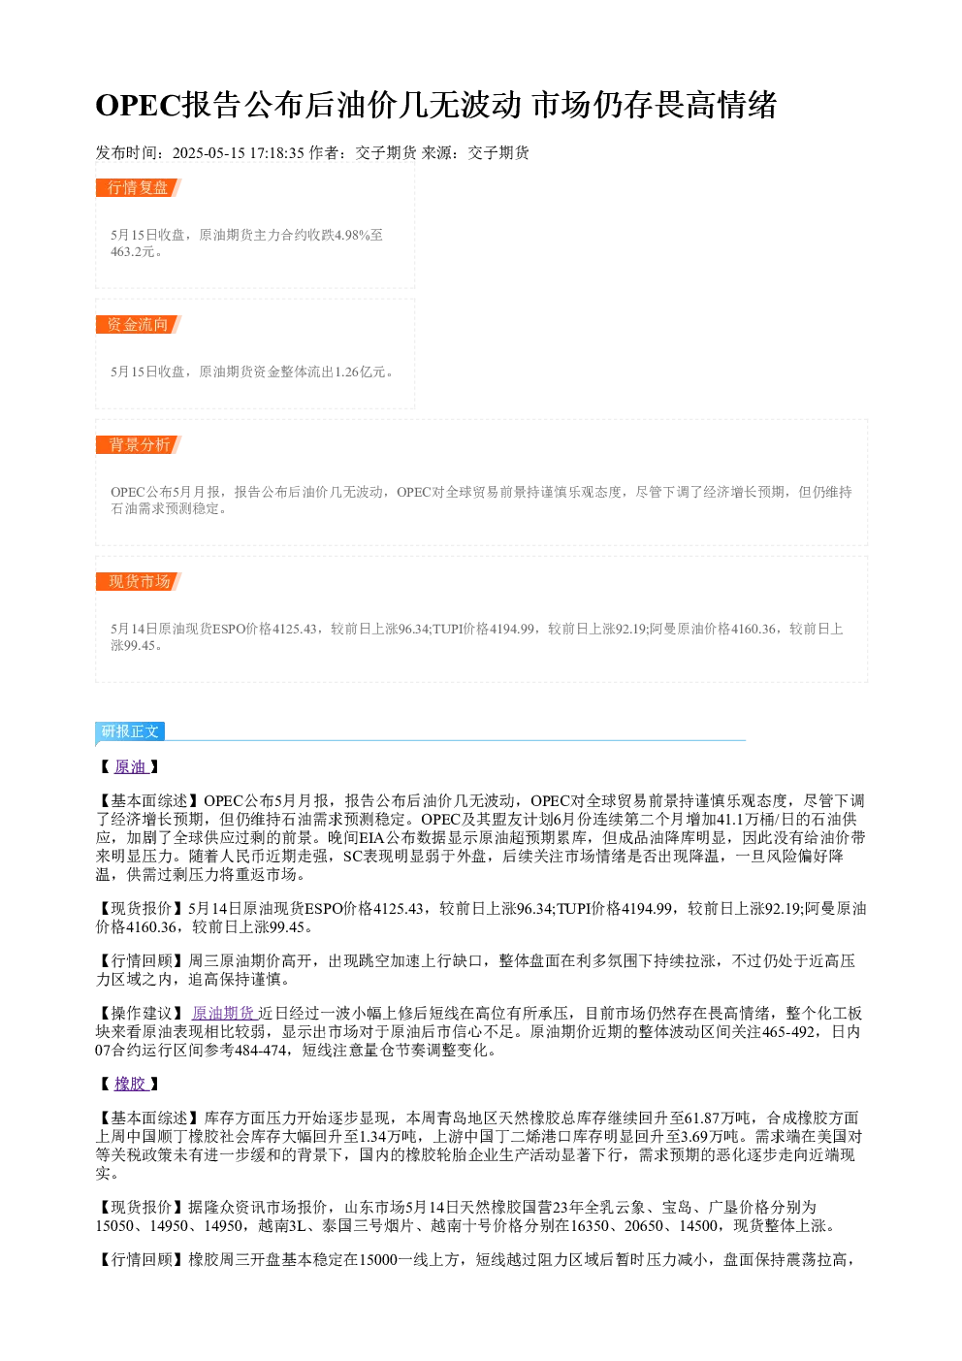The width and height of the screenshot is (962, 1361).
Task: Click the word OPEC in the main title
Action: point(139,105)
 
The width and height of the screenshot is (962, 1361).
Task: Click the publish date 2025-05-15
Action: point(208,152)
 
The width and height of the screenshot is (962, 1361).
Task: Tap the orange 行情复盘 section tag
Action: point(138,188)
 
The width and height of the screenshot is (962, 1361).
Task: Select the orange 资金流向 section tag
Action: point(138,324)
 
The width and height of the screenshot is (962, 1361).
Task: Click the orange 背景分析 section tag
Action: point(138,444)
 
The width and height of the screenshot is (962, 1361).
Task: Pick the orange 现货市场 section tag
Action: point(138,581)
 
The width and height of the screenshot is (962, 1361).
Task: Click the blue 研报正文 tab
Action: point(130,730)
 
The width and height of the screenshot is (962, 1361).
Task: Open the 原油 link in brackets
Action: point(131,766)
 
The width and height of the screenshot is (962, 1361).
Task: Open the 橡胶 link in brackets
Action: point(131,1084)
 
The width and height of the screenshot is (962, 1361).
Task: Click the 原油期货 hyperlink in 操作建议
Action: point(223,1013)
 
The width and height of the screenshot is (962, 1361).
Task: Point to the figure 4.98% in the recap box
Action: point(353,235)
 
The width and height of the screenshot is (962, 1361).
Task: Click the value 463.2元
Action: point(133,251)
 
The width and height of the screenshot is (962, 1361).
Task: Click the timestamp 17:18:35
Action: point(276,152)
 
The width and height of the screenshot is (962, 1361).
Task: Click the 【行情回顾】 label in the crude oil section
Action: point(142,960)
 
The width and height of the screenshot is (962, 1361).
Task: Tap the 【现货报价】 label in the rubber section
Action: point(142,1208)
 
